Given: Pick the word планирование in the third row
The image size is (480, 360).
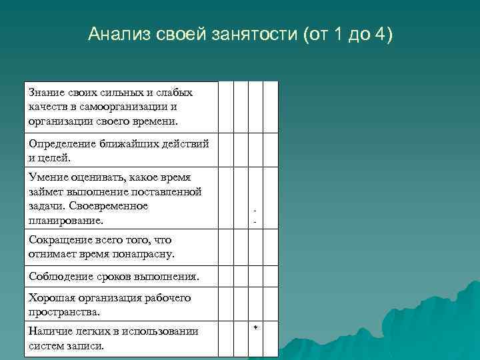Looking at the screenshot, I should pyautogui.click(x=65, y=221).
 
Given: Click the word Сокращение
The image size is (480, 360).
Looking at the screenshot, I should pyautogui.click(x=59, y=240).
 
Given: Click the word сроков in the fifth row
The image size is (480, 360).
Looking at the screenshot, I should pyautogui.click(x=109, y=276).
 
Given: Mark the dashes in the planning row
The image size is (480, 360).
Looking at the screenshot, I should pyautogui.click(x=255, y=217).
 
